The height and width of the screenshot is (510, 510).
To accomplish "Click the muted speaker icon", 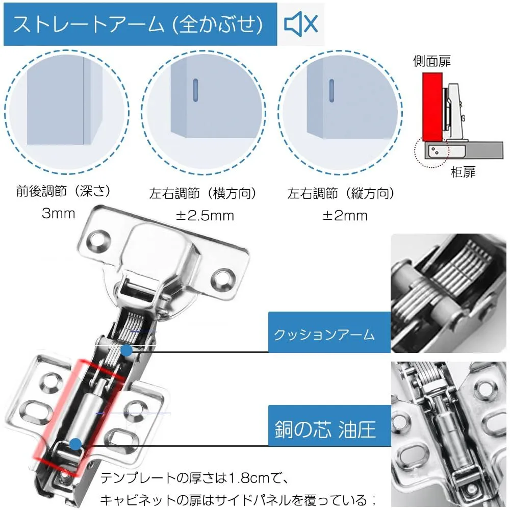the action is [x=301, y=24].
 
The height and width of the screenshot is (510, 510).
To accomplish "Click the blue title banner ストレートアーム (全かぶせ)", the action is [x=140, y=24].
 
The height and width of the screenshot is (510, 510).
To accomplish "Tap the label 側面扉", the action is [x=432, y=61].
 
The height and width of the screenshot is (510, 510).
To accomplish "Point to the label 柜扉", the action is [x=463, y=172].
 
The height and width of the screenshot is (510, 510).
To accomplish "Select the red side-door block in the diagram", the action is [x=432, y=107].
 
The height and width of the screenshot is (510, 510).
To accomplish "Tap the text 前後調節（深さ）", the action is [x=63, y=191].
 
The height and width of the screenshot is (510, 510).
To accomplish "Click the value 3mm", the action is [x=59, y=213].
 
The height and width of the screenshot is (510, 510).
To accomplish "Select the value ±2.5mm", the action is [x=205, y=216].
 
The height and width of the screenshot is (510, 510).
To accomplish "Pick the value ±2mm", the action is [x=345, y=216].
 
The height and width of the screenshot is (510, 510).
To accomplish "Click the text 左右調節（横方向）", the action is [x=202, y=193].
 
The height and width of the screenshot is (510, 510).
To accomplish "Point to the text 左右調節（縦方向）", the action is [x=341, y=193].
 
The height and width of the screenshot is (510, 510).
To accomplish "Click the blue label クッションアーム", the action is [x=329, y=332].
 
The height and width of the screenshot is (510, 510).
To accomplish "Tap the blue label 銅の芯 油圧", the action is [x=329, y=426].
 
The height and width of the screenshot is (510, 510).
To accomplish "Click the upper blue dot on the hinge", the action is [x=126, y=351].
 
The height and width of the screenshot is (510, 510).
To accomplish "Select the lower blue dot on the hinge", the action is [x=75, y=444].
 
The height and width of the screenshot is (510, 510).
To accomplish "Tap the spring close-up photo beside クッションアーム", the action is [x=448, y=293].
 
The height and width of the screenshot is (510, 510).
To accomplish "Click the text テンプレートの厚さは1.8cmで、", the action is [x=194, y=478].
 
